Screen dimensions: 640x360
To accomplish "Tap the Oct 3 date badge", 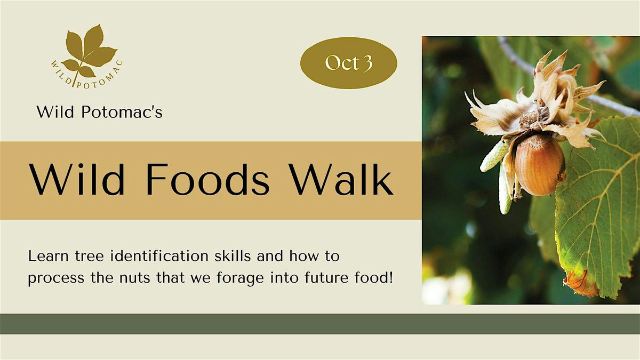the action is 349,63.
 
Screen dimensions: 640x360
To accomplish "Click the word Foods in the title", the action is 208,180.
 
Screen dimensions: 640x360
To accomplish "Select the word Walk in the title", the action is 342,180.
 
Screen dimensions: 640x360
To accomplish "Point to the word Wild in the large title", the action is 77,180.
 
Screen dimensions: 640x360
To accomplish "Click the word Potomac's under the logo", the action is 122,111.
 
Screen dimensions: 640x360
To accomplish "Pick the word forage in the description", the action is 240,278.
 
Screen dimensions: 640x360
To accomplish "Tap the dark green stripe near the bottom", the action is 320,324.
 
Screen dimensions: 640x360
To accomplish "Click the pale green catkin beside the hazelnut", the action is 494,156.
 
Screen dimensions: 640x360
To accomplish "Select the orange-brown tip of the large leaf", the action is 580,283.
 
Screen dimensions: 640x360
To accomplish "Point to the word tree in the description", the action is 89,257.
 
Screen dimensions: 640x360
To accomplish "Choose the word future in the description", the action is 326,278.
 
